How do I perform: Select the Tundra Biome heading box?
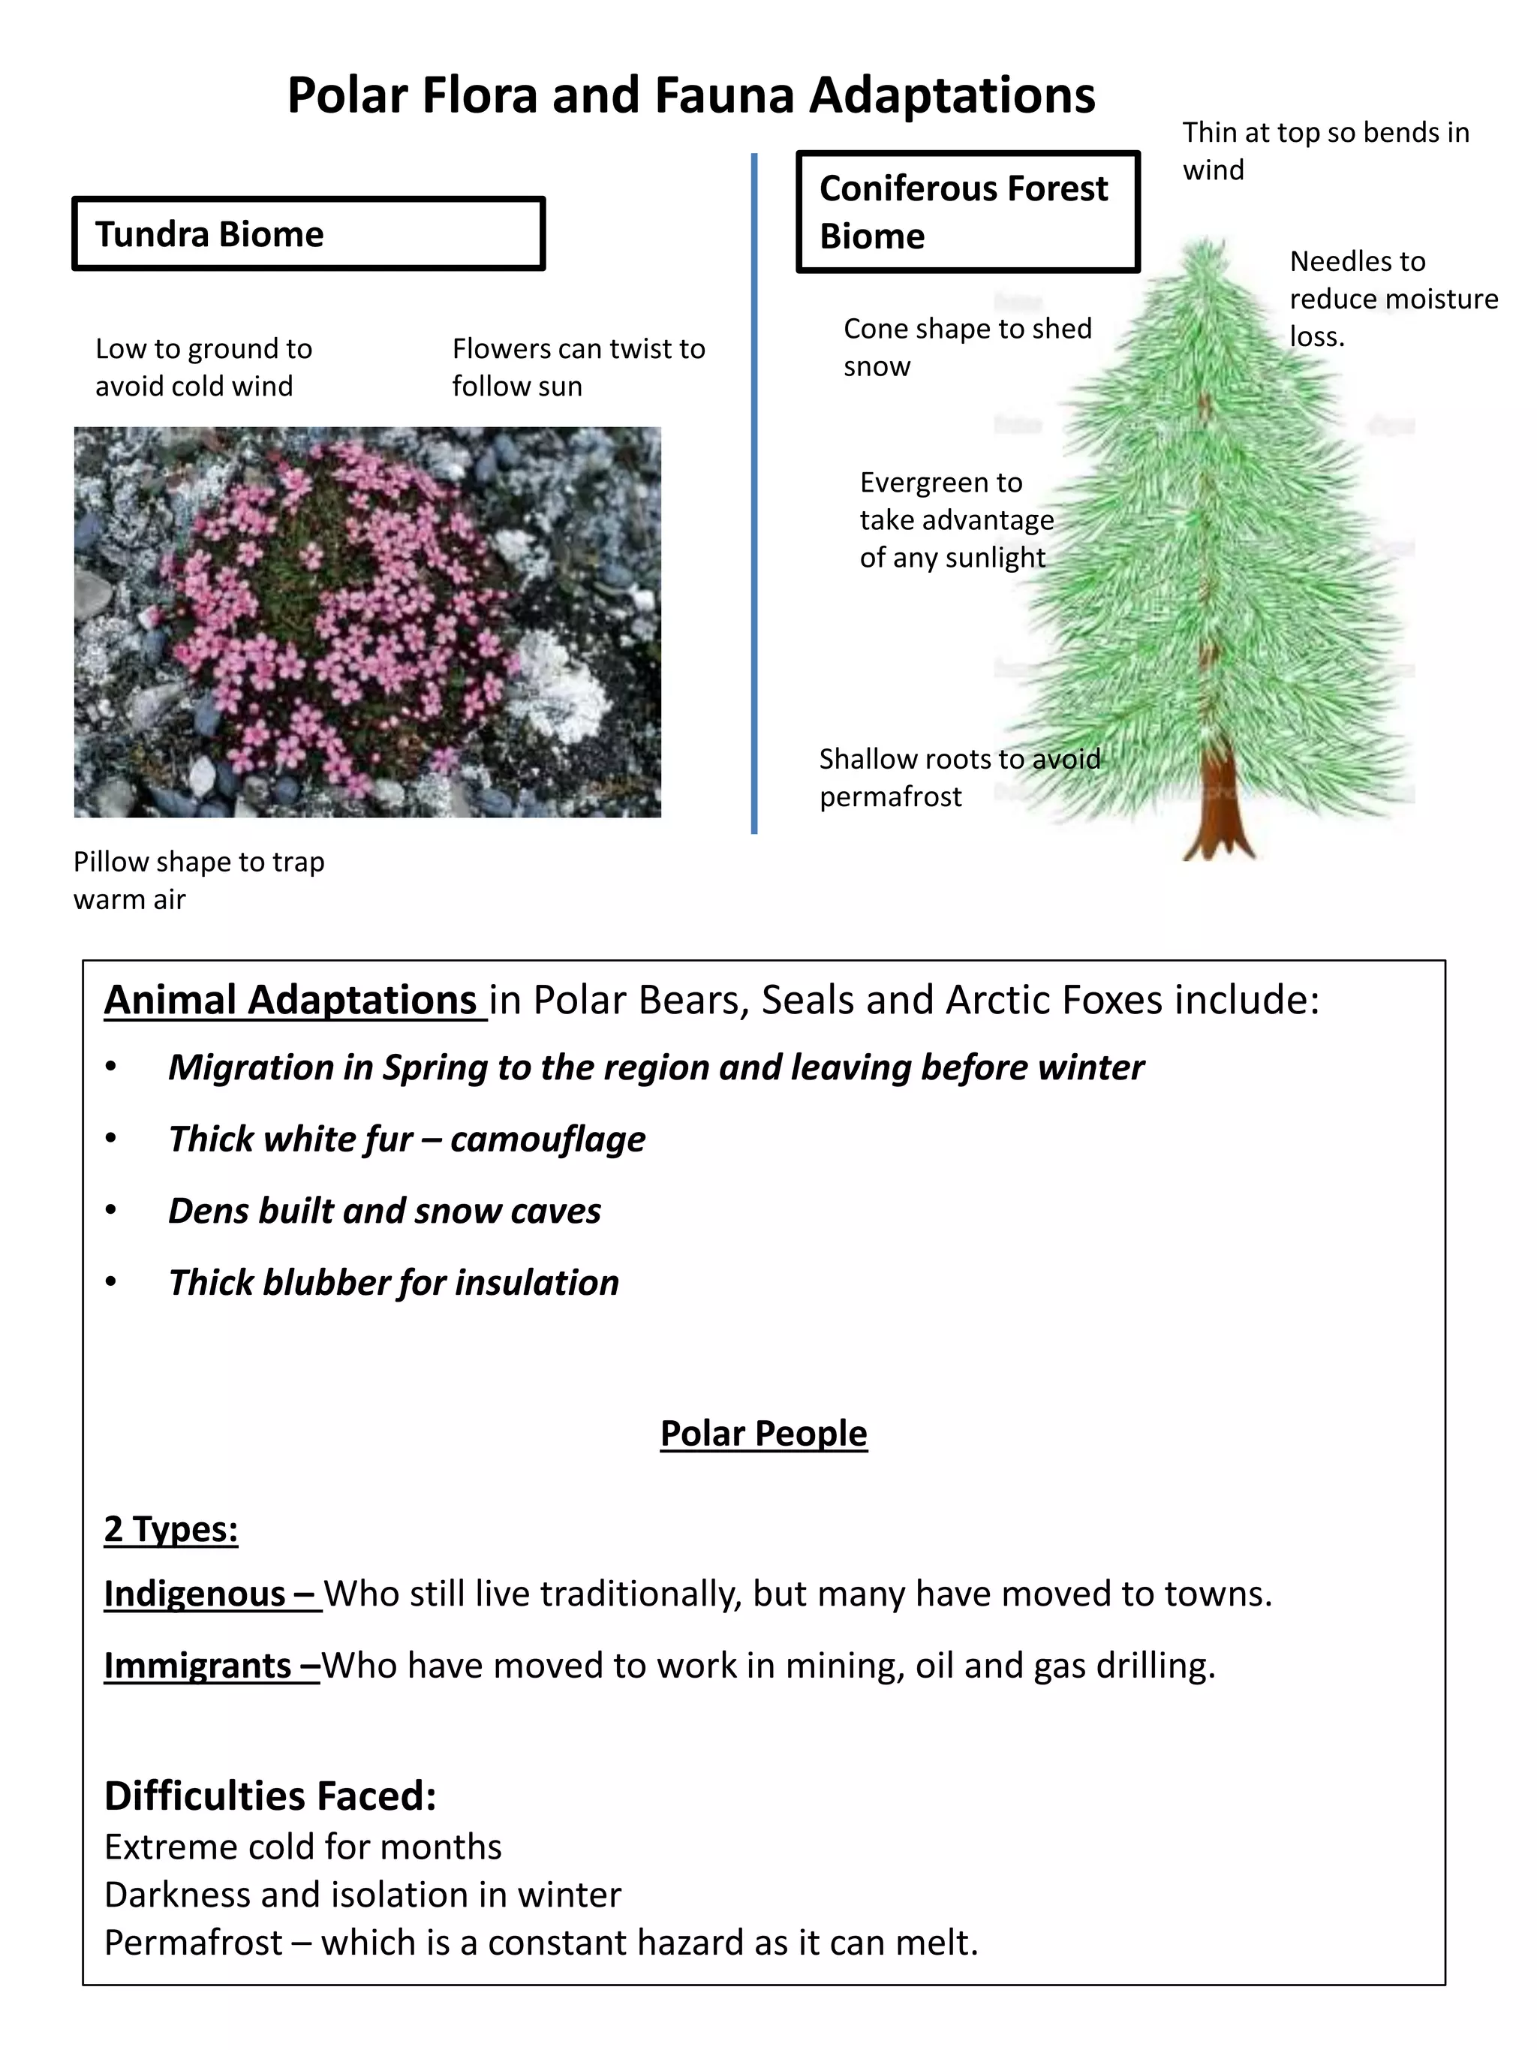308,233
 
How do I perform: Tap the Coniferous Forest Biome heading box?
967,212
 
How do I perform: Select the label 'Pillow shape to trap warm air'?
198,880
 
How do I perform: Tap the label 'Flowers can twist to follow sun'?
578,367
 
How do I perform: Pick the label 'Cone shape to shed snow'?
967,347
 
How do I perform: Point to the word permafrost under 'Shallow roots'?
889,797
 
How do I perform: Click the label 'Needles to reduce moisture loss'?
1391,299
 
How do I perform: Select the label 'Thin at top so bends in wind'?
1324,150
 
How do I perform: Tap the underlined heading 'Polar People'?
763,1433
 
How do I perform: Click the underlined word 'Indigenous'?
194,1593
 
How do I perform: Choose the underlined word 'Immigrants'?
197,1666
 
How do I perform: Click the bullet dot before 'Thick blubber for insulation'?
111,1283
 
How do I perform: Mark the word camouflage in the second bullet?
548,1139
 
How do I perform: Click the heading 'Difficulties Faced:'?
269,1795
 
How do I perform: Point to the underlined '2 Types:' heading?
170,1528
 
